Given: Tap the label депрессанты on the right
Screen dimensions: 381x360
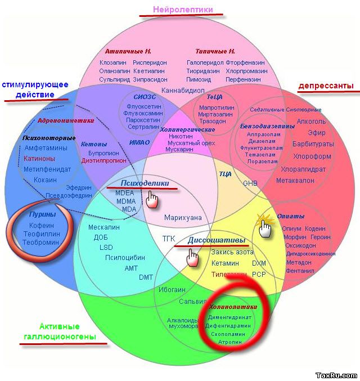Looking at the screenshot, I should click(326, 86).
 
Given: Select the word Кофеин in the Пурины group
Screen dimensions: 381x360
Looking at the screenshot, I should click(34, 225).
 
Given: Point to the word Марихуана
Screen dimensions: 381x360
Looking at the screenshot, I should click(183, 217).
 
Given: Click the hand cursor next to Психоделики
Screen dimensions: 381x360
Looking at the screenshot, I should click(152, 199).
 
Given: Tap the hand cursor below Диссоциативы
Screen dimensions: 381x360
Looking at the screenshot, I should click(193, 257).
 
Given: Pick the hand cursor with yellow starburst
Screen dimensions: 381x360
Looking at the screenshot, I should click(265, 226).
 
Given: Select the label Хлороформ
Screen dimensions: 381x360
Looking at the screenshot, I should click(312, 156).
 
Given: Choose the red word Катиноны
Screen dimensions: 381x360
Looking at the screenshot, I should click(39, 159).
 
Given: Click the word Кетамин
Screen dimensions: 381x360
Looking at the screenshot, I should click(225, 263).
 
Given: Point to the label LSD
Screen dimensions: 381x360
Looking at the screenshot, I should click(106, 248).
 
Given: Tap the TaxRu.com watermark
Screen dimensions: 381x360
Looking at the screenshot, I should click(336, 375).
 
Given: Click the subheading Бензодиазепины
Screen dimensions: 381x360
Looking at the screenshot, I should click(259, 127).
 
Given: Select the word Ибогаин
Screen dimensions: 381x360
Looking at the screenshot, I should click(172, 289).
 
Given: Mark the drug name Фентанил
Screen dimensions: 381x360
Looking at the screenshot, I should click(300, 270).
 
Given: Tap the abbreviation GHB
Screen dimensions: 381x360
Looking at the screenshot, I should click(250, 183).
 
